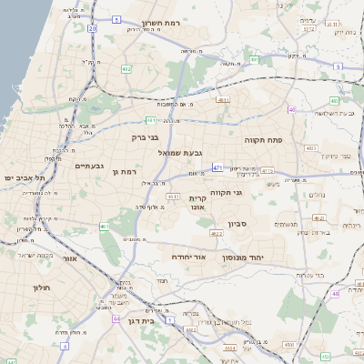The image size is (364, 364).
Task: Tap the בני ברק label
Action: tap(146, 139)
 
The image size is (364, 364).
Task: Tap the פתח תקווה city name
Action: tap(265, 141)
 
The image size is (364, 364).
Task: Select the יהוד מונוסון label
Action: tap(267, 258)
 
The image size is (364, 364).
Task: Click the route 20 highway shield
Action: tap(93, 29)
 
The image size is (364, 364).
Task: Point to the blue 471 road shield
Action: tap(217, 168)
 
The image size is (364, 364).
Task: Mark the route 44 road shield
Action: tap(117, 319)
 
